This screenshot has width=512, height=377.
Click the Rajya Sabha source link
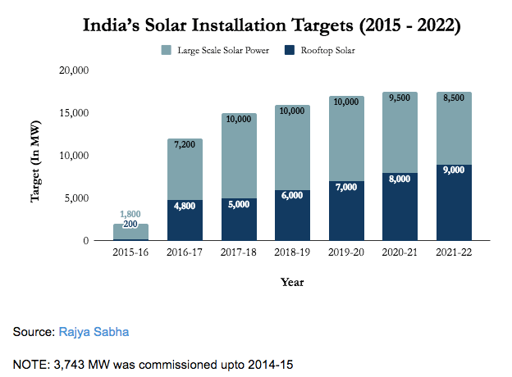coord(93,333)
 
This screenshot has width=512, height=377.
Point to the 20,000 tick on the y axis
coord(75,70)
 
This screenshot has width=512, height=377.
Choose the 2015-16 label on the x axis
coord(130,253)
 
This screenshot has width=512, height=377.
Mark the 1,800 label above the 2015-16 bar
coord(130,215)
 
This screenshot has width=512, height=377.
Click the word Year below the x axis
coord(292,283)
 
